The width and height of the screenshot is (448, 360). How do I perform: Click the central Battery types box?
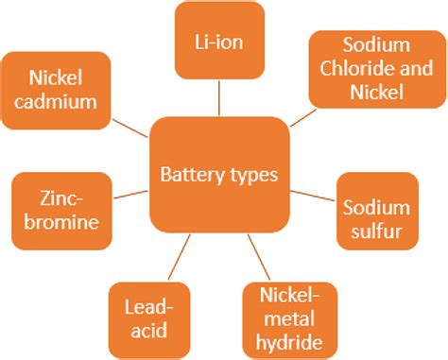(x=219, y=174)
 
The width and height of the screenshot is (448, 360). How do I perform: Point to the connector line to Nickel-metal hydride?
(x=255, y=256)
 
